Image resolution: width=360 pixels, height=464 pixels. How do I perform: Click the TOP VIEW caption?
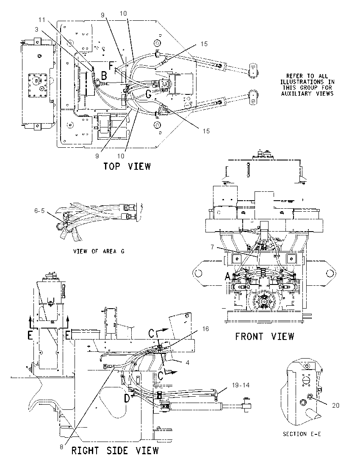coord(127,166)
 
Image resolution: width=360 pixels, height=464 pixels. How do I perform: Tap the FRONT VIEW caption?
coord(265,337)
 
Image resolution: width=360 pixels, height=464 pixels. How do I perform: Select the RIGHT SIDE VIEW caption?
coord(115,451)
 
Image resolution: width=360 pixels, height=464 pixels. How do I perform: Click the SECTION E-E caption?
coord(302,434)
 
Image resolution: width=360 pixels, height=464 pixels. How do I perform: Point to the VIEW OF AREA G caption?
coord(99,251)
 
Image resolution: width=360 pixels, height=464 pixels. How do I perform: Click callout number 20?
coord(336,406)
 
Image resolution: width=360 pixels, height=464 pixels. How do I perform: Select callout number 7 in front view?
coord(212,247)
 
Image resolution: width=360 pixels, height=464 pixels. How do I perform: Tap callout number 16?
coord(205,329)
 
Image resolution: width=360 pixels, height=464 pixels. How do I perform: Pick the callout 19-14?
coord(241,385)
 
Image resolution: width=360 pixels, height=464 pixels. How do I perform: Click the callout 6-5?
coord(39,210)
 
